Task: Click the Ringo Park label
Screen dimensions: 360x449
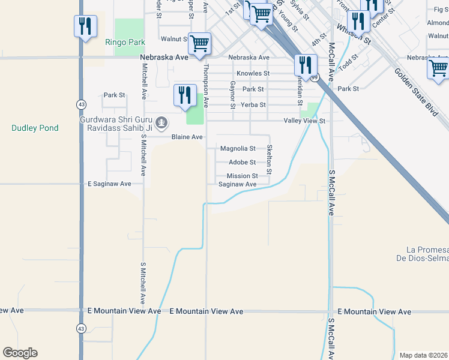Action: point(125,43)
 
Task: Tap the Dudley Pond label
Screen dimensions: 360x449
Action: point(35,128)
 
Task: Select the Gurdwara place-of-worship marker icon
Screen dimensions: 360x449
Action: point(161,123)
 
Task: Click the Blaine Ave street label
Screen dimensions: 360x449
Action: point(187,137)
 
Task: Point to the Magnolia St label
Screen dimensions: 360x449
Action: point(238,148)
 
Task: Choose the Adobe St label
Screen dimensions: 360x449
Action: point(243,162)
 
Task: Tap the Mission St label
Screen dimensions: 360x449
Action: point(242,176)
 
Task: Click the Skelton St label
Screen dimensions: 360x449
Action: point(270,160)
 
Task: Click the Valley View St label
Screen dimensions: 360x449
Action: point(304,121)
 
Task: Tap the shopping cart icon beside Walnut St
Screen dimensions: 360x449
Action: point(199,43)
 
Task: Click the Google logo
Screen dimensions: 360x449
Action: point(20,353)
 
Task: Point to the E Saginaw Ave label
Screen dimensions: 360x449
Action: point(109,184)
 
